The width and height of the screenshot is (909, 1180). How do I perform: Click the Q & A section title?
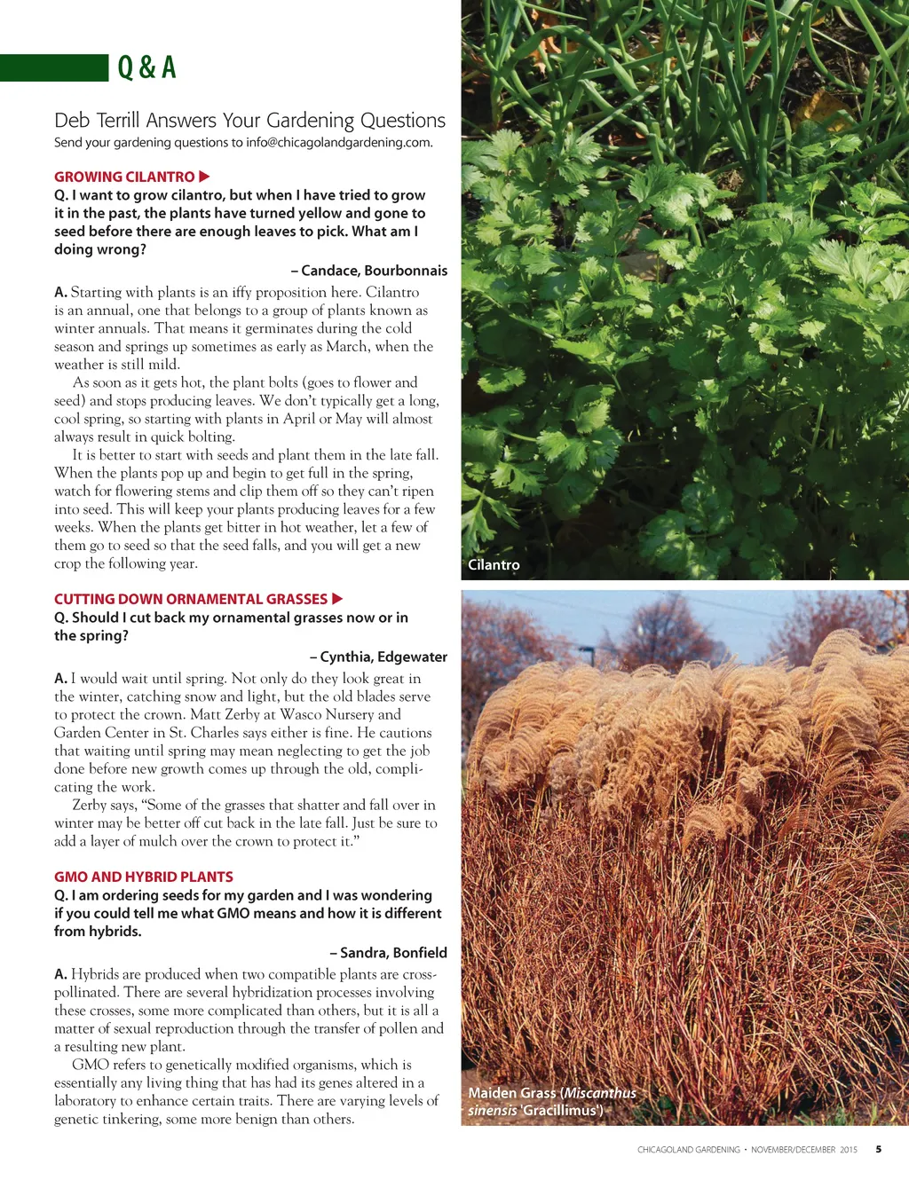point(147,67)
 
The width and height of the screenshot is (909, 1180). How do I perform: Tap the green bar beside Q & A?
point(53,68)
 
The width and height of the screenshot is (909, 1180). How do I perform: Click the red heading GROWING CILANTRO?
point(124,177)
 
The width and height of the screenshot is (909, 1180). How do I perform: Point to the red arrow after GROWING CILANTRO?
point(204,177)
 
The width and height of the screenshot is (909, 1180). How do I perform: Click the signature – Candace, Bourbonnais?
point(369,271)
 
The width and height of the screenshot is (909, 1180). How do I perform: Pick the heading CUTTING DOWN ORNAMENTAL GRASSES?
point(191,599)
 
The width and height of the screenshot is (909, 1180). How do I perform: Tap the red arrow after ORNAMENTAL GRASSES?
point(337,599)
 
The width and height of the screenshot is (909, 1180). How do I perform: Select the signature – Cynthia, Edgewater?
point(378,657)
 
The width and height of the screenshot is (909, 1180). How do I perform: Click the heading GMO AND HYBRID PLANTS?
point(144,877)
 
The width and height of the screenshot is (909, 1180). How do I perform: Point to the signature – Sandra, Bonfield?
point(388,953)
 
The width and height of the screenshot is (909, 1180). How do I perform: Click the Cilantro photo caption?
point(494,564)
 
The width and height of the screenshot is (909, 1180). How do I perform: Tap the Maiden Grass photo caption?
point(551,1101)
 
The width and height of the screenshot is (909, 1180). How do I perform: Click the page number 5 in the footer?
point(879,1149)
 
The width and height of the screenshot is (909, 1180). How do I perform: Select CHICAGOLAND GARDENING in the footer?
point(688,1150)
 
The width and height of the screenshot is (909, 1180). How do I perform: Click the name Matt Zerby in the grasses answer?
point(222,714)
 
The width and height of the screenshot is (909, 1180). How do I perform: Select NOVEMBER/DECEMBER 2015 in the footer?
point(804,1150)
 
